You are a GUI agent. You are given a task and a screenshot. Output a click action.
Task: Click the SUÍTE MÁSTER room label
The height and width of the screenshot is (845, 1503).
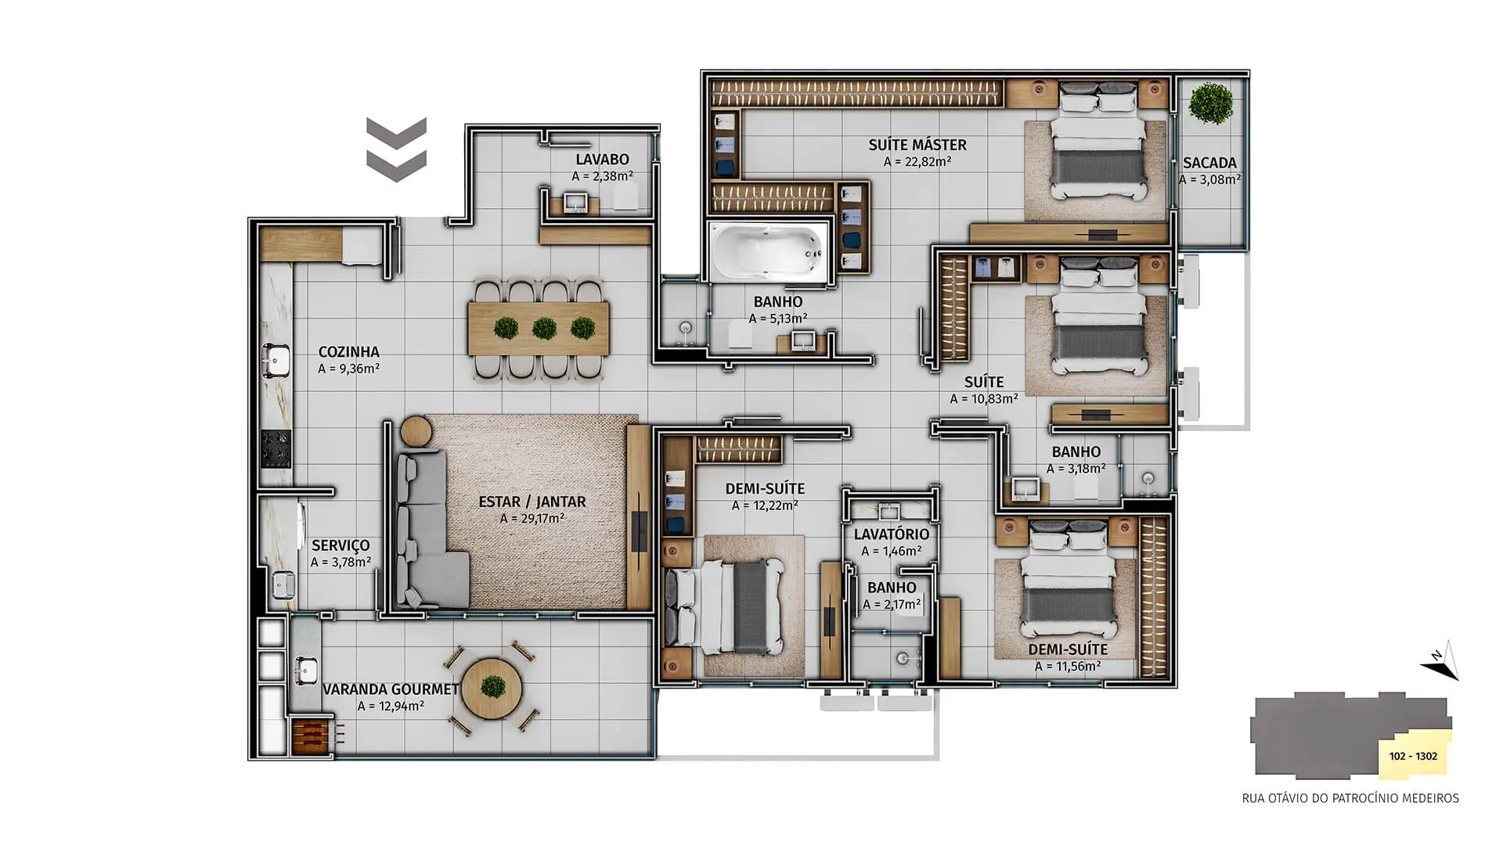[x=917, y=145]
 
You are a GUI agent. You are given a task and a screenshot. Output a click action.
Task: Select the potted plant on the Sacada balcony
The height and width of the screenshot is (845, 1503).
[x=1211, y=103]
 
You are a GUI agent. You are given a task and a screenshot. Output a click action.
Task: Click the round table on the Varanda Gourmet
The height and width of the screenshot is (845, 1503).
[x=492, y=689]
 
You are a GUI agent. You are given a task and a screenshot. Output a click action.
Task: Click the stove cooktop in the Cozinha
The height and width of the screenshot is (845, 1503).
[x=276, y=448]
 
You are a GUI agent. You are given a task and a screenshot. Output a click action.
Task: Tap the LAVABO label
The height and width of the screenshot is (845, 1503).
[x=602, y=160]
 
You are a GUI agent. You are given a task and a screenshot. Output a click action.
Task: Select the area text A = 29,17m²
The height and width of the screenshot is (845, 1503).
[x=532, y=519]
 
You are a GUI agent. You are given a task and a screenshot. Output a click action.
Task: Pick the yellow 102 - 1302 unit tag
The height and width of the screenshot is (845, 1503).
[x=1414, y=756]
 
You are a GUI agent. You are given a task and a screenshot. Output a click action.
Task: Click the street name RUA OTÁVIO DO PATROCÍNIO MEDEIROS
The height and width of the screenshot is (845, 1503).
[x=1350, y=799]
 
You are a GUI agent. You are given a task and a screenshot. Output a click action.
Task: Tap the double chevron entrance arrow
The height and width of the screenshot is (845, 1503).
[x=396, y=149]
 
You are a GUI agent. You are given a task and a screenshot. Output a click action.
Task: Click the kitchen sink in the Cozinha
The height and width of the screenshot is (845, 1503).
[x=276, y=361]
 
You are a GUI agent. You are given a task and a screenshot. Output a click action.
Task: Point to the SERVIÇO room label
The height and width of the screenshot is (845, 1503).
[x=341, y=545]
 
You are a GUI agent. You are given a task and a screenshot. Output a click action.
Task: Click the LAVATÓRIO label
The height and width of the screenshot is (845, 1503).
[x=892, y=534]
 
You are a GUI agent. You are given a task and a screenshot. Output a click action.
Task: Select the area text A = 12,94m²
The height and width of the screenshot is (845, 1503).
[x=391, y=706]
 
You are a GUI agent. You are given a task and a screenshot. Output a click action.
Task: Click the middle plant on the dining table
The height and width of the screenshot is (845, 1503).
[x=544, y=328]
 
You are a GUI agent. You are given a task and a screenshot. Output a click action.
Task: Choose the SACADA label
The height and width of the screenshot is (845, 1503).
[x=1209, y=163]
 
